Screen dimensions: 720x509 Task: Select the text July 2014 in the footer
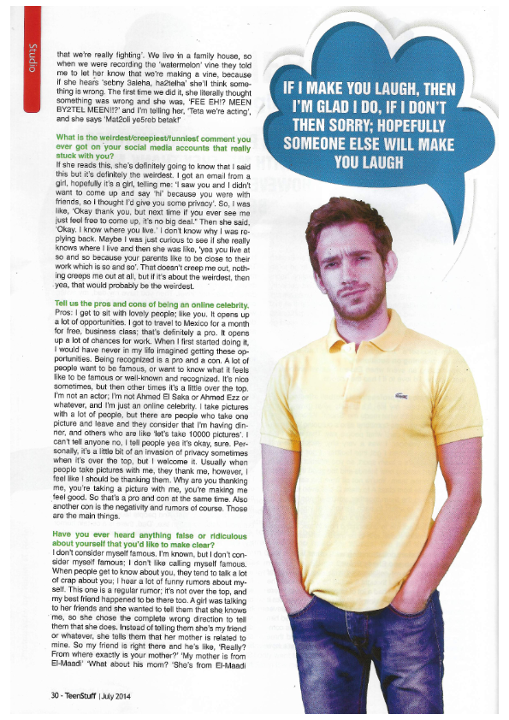tap(118, 694)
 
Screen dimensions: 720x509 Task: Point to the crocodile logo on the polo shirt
tap(400, 397)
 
